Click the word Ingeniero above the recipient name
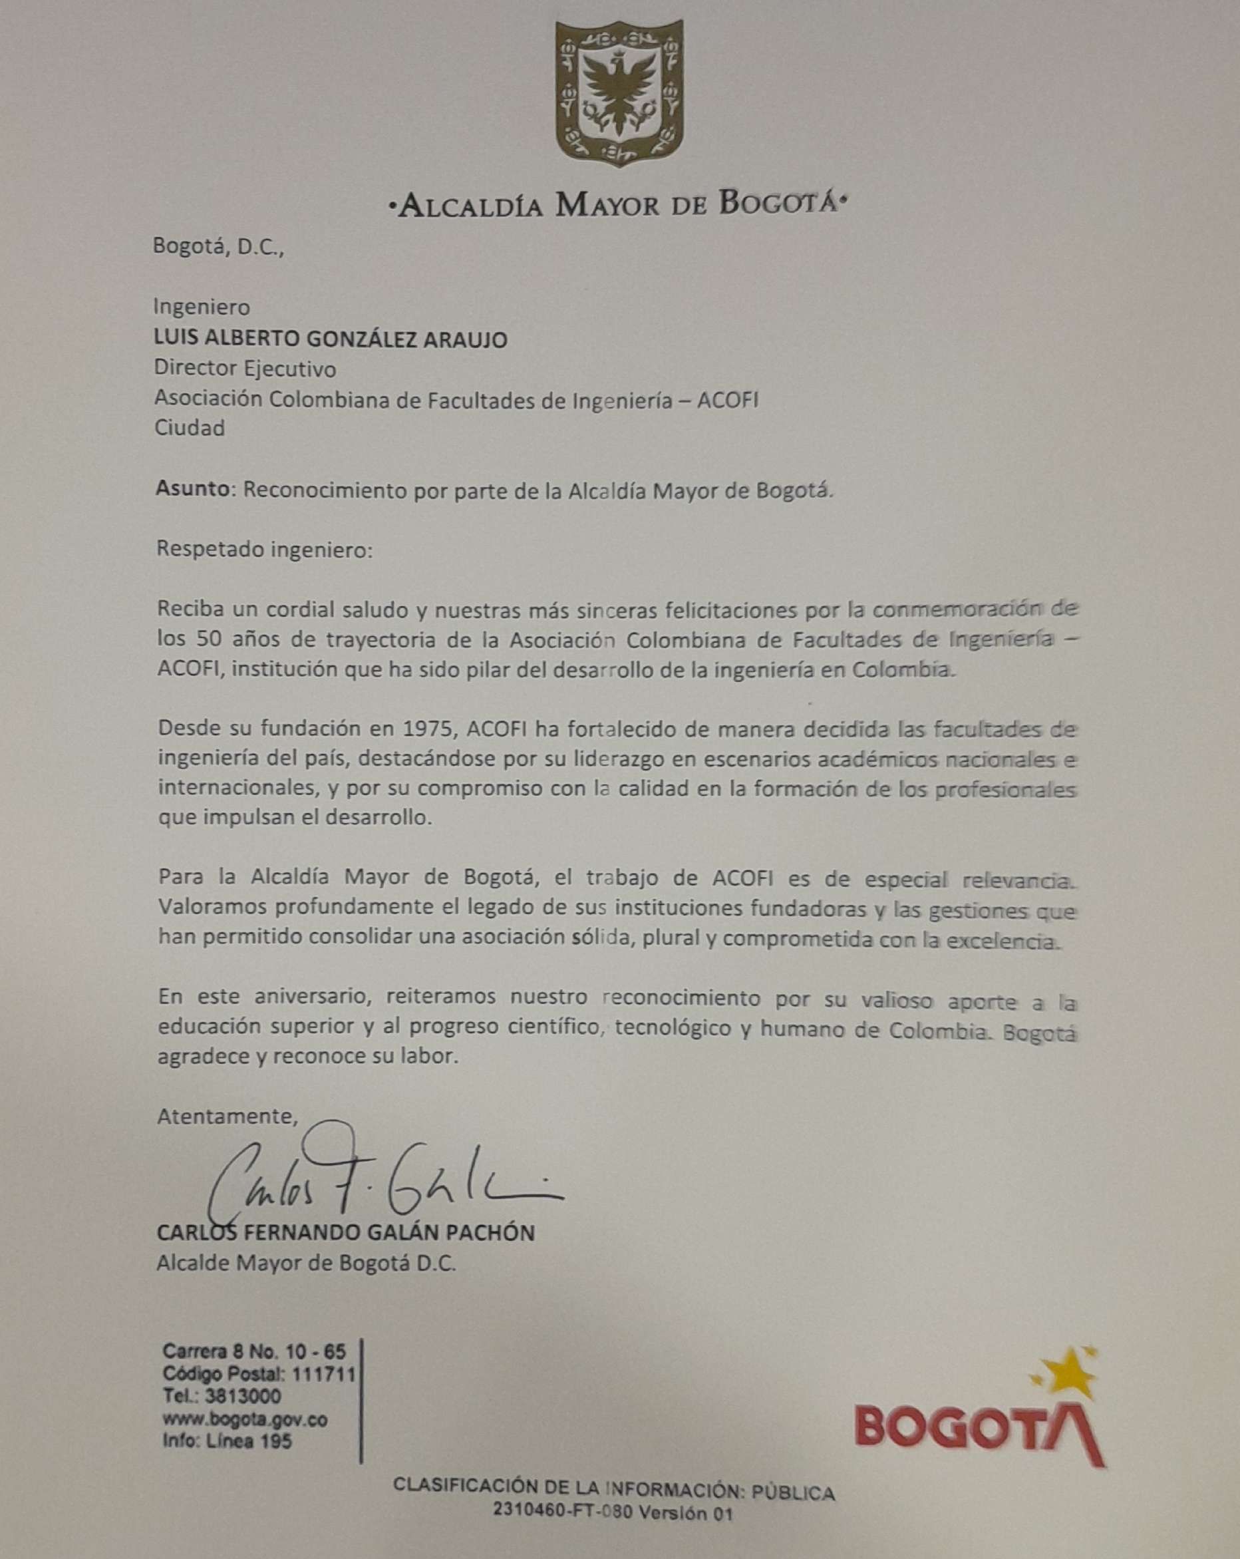(x=201, y=307)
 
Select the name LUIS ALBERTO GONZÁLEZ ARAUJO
(x=331, y=339)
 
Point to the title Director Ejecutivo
(x=245, y=369)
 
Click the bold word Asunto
(x=192, y=490)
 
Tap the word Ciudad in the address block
(x=190, y=428)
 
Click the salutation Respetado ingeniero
(x=264, y=550)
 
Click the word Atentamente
(x=227, y=1116)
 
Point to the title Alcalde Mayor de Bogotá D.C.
(x=307, y=1264)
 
